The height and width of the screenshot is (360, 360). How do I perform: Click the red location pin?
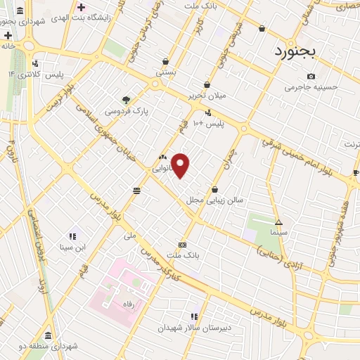click(x=181, y=165)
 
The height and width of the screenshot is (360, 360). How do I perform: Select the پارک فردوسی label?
click(x=126, y=111)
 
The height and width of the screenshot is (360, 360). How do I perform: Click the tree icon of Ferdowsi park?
click(x=127, y=100)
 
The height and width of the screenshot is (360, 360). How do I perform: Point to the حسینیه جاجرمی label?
click(x=311, y=87)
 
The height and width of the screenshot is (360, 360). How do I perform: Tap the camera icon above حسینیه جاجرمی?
click(x=311, y=76)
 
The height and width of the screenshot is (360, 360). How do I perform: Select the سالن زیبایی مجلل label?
click(x=214, y=200)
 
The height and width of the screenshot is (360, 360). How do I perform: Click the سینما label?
click(x=278, y=231)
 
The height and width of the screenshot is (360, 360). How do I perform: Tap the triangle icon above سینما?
click(x=278, y=221)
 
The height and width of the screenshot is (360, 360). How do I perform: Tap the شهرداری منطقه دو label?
click(x=46, y=346)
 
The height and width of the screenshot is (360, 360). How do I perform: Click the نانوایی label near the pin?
click(x=162, y=169)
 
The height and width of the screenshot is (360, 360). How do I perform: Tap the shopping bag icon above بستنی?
click(x=166, y=62)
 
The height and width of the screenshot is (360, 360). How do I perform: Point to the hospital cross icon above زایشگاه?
click(x=82, y=6)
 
